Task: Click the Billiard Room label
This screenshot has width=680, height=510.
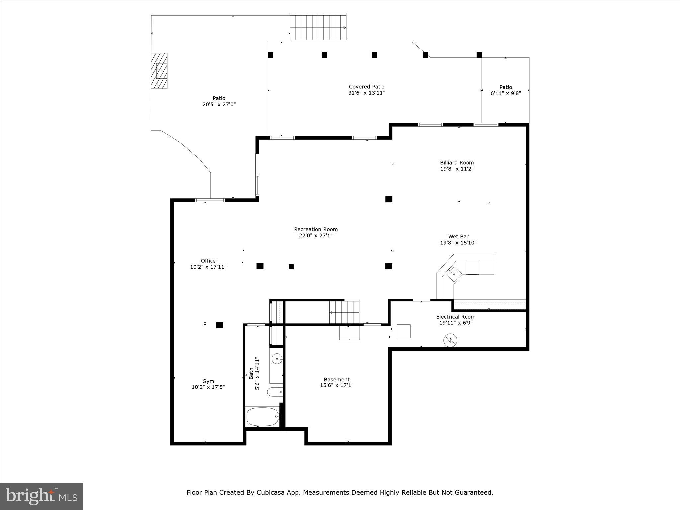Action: pos(457,163)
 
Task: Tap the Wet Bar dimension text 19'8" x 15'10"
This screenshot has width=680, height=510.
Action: pos(458,243)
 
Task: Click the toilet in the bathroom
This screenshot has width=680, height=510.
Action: pos(275,392)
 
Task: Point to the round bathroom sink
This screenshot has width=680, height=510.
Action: pos(277,359)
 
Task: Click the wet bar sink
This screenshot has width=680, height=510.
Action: pos(454,274)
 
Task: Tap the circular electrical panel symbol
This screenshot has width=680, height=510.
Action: pos(450,340)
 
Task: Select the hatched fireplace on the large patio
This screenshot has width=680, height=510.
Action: pos(159,71)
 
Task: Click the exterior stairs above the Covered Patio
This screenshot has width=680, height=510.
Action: pos(318,27)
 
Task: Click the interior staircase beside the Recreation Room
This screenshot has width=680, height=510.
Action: pos(344,312)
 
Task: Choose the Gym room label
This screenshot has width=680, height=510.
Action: pos(208,381)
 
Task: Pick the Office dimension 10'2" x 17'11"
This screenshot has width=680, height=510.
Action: pos(208,267)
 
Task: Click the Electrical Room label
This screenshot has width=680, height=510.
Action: pos(456,317)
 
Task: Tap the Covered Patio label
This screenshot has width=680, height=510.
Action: pos(367,87)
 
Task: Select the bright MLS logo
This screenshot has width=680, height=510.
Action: pos(42,496)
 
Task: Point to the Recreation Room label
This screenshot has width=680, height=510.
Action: pos(316,229)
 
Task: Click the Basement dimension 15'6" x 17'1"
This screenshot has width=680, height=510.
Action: pos(337,385)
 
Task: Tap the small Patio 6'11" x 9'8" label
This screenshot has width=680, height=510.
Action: pos(506,90)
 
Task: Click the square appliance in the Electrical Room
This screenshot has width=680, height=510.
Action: pos(404,331)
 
